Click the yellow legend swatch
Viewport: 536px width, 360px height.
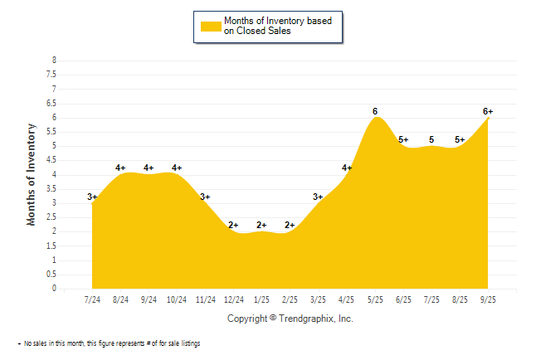[x=211, y=26]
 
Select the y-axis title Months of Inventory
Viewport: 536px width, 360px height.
[x=32, y=174]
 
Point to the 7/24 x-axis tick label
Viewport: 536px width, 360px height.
[x=92, y=299]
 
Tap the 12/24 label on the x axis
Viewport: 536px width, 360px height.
[x=233, y=299]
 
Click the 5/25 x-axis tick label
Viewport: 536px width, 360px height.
[x=375, y=299]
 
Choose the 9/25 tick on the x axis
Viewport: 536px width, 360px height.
[x=488, y=299]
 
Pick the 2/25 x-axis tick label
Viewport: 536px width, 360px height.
[x=290, y=299]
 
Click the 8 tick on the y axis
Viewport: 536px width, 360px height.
[x=55, y=61]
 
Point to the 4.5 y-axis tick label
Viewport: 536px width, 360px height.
[x=53, y=160]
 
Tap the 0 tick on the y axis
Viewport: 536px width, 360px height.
[x=55, y=289]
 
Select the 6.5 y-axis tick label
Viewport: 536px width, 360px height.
[x=53, y=103]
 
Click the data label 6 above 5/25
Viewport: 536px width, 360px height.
[x=375, y=111]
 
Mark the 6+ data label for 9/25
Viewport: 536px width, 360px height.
[x=488, y=111]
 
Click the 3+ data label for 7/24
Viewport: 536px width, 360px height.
[x=92, y=197]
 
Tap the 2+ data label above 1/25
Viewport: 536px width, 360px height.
[x=262, y=225]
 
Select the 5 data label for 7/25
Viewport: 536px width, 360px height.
[x=431, y=139]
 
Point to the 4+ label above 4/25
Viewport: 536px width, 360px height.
[x=347, y=168]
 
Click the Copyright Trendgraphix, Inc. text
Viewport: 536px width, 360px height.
[x=290, y=319]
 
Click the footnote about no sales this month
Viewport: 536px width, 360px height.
[x=110, y=343]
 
